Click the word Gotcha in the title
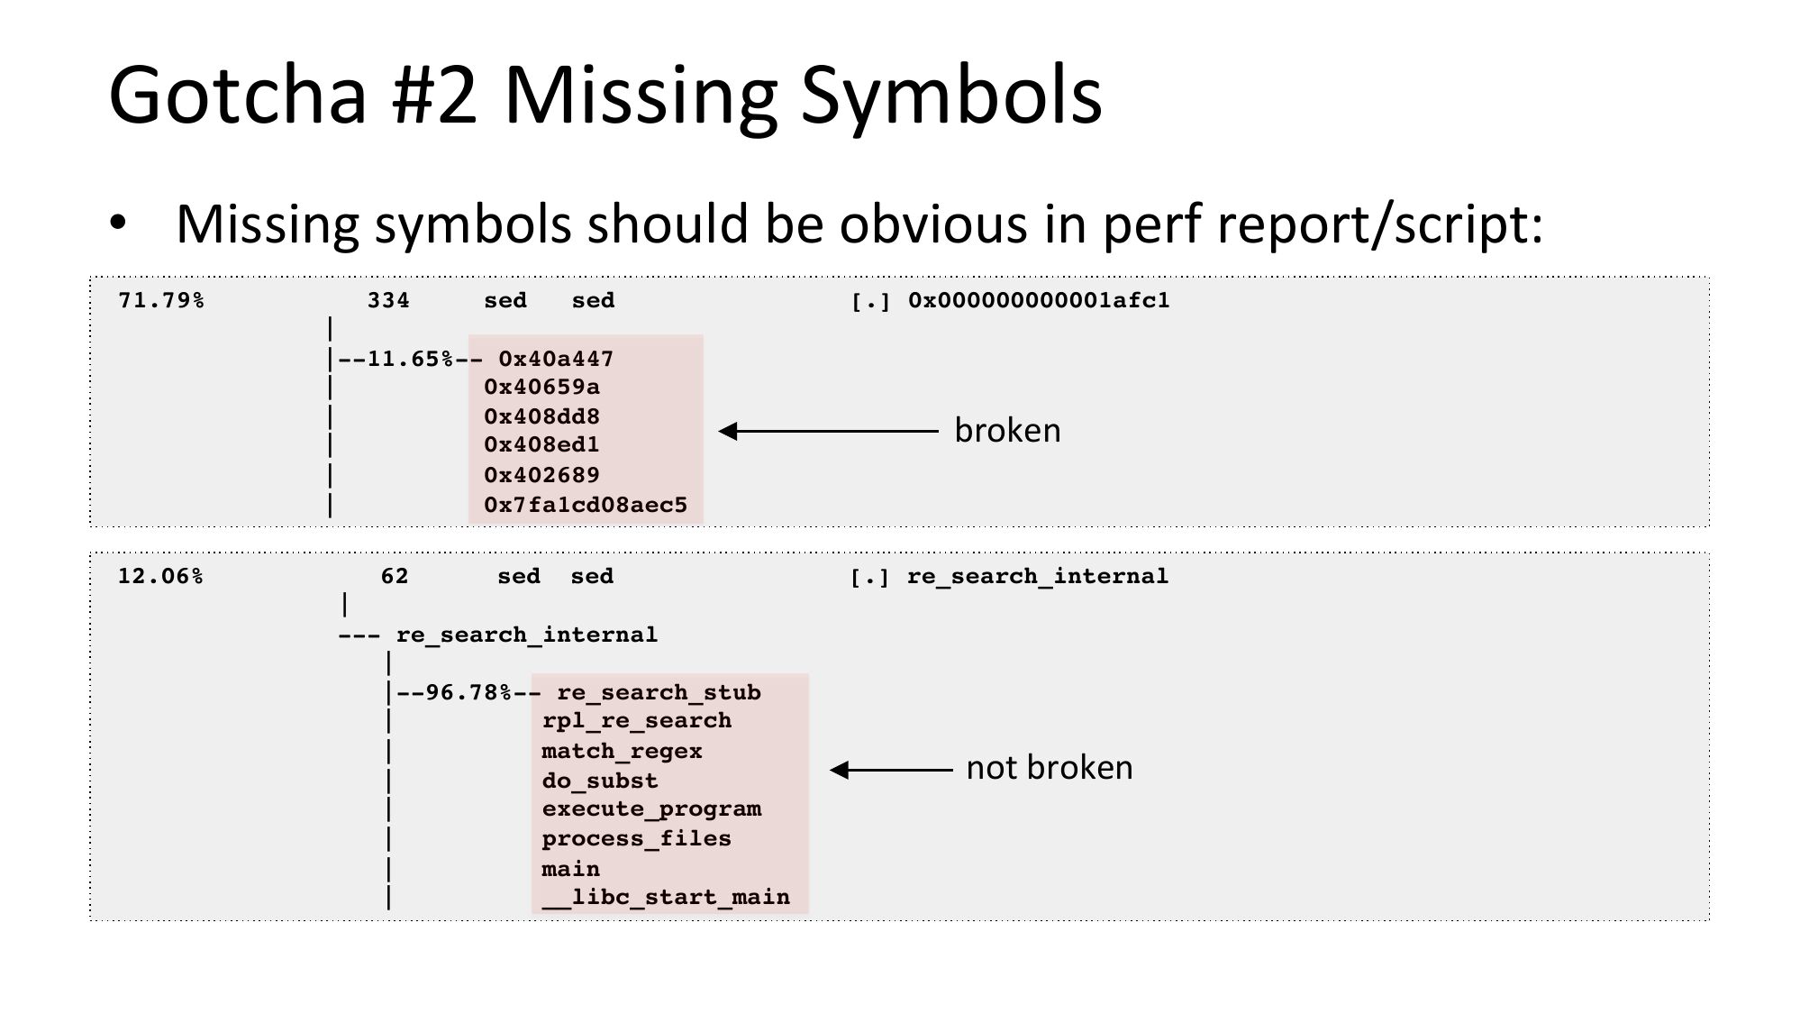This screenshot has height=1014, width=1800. tap(237, 95)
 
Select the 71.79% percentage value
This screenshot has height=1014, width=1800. tap(161, 300)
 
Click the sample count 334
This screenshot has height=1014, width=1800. tap(388, 300)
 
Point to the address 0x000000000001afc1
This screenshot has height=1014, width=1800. tap(1039, 300)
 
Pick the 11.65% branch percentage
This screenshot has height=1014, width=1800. tap(410, 359)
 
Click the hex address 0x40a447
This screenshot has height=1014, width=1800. tap(556, 359)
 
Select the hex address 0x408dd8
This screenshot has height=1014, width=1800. tap(541, 416)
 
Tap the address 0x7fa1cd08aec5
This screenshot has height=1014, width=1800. tap(586, 505)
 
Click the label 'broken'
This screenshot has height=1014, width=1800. tap(1007, 431)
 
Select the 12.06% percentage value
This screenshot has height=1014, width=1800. tap(160, 576)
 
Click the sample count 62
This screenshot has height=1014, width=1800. tap(395, 576)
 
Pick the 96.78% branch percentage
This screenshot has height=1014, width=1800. tap(468, 692)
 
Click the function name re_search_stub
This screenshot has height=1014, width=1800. tap(659, 692)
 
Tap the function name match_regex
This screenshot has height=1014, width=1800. tap(622, 751)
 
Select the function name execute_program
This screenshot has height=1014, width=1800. tap(651, 808)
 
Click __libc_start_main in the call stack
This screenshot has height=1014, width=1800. tap(666, 897)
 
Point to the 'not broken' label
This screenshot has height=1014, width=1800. tap(1050, 768)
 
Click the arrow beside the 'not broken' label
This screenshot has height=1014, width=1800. tap(891, 770)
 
